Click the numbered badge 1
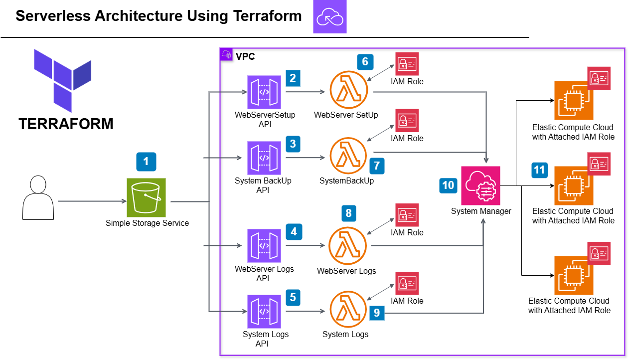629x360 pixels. [x=146, y=162]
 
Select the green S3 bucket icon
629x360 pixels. [x=146, y=197]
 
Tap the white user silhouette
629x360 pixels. [x=38, y=198]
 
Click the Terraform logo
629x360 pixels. [x=63, y=80]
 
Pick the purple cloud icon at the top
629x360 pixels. [x=329, y=16]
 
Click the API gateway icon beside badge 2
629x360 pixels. [x=264, y=92]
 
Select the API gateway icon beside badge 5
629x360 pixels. [x=264, y=312]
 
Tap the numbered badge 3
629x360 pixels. [x=293, y=145]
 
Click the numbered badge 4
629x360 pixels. [x=294, y=232]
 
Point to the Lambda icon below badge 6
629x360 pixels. [x=349, y=90]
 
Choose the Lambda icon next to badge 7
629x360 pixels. [x=348, y=156]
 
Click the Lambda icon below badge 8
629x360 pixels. [x=348, y=245]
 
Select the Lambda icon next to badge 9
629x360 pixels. [x=348, y=309]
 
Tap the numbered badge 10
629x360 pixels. [x=448, y=185]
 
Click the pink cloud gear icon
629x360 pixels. [x=480, y=186]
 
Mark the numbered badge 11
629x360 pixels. [x=539, y=170]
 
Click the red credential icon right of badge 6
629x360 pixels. [x=407, y=64]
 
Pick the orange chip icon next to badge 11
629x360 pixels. [x=574, y=186]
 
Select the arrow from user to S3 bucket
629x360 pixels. [x=92, y=201]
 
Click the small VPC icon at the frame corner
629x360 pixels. [x=226, y=54]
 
